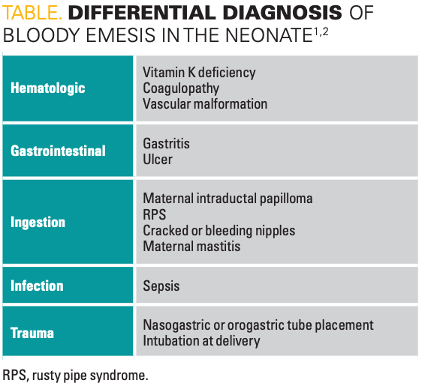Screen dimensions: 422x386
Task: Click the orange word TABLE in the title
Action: [x=32, y=13]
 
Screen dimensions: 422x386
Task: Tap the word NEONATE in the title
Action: [x=269, y=35]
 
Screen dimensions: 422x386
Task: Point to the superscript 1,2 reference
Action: [x=321, y=31]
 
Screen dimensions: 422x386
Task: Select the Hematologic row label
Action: [x=48, y=88]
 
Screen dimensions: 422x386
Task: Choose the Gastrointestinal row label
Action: [x=58, y=151]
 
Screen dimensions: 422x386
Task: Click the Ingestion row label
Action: [x=38, y=223]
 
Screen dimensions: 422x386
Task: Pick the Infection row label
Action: [x=37, y=286]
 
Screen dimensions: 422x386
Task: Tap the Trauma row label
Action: [x=32, y=333]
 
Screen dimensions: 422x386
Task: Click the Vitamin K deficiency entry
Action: [x=199, y=73]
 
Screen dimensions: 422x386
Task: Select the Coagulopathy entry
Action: [x=181, y=88]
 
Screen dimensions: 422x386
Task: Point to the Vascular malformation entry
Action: [x=205, y=104]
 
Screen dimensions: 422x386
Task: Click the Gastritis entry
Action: [x=167, y=143]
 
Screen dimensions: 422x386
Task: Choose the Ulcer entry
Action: [x=158, y=160]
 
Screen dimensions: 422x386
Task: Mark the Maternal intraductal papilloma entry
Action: [x=228, y=199]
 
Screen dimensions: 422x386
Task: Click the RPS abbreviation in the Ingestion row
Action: [x=155, y=214]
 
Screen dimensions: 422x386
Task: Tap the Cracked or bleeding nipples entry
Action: [x=219, y=230]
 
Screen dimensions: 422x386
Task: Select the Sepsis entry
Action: [x=161, y=286]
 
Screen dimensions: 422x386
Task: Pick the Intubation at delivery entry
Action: [x=201, y=341]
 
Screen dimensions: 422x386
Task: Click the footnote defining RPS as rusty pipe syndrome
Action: [x=75, y=376]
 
